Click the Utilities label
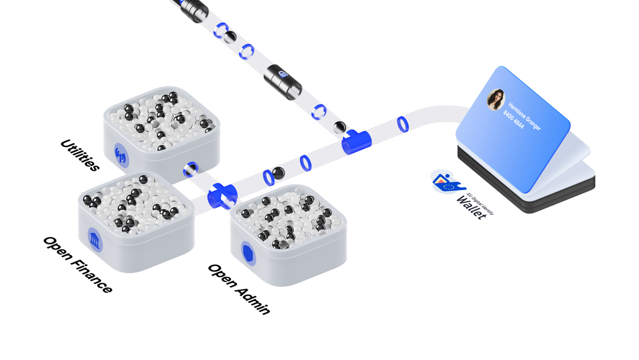click(80, 155)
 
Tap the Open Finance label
click(78, 265)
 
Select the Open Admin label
click(239, 289)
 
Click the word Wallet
click(472, 207)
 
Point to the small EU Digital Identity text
click(480, 203)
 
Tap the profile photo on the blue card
click(496, 100)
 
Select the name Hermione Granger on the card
click(525, 116)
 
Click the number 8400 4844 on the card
click(514, 120)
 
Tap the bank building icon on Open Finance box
click(95, 239)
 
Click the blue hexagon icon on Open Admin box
click(248, 253)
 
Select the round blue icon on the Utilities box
click(121, 155)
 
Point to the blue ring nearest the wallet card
click(403, 124)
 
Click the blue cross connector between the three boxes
click(222, 196)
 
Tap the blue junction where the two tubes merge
click(356, 141)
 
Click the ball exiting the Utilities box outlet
click(190, 169)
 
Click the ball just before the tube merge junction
click(340, 128)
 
